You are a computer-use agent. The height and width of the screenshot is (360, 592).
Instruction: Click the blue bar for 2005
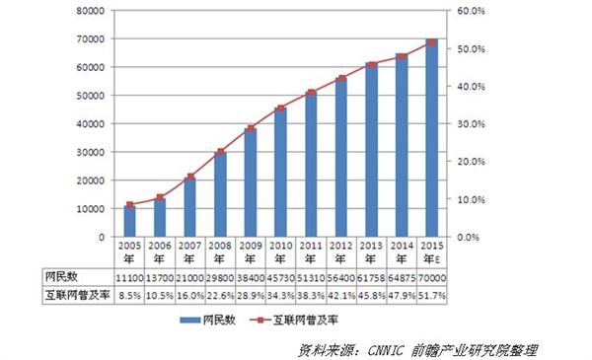129,221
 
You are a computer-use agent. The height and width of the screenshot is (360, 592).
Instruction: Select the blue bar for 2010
281,173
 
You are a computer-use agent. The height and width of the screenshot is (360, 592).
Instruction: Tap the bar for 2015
432,138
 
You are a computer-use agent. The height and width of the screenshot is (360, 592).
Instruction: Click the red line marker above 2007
189,178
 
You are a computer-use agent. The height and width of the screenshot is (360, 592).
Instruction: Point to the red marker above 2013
372,65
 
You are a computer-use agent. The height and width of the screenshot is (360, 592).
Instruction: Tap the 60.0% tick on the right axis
468,11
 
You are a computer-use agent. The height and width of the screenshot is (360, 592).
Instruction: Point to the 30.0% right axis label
468,124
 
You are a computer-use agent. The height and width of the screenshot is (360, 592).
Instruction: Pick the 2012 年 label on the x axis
341,252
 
